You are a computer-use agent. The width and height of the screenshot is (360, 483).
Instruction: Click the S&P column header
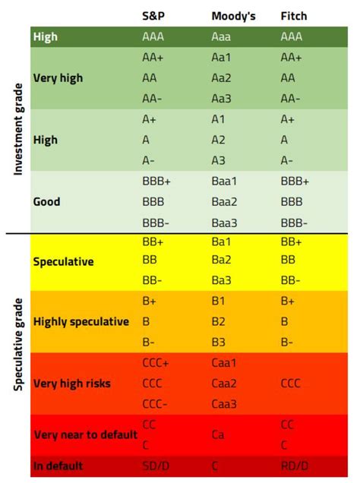[x=153, y=15]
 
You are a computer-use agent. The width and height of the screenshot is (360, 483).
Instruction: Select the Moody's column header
[x=232, y=15]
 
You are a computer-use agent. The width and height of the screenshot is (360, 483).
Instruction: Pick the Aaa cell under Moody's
[x=223, y=36]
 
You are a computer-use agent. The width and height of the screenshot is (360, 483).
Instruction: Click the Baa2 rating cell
[x=226, y=202]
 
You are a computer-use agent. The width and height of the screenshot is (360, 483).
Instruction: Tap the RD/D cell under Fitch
[x=294, y=466]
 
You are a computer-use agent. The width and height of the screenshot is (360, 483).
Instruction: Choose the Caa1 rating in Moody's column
[x=226, y=363]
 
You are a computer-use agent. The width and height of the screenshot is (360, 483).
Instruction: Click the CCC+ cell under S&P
[x=156, y=363]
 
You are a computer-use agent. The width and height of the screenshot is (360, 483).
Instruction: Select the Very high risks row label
[x=72, y=384]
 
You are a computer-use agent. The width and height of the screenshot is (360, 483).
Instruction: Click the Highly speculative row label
[x=81, y=321]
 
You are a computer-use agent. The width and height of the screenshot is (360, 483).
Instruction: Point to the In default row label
[x=58, y=466]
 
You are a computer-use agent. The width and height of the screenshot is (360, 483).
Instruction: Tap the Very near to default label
[x=85, y=435]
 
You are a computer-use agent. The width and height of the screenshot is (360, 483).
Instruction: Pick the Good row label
[x=47, y=202]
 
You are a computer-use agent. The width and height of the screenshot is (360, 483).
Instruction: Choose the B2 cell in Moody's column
[x=219, y=321]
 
